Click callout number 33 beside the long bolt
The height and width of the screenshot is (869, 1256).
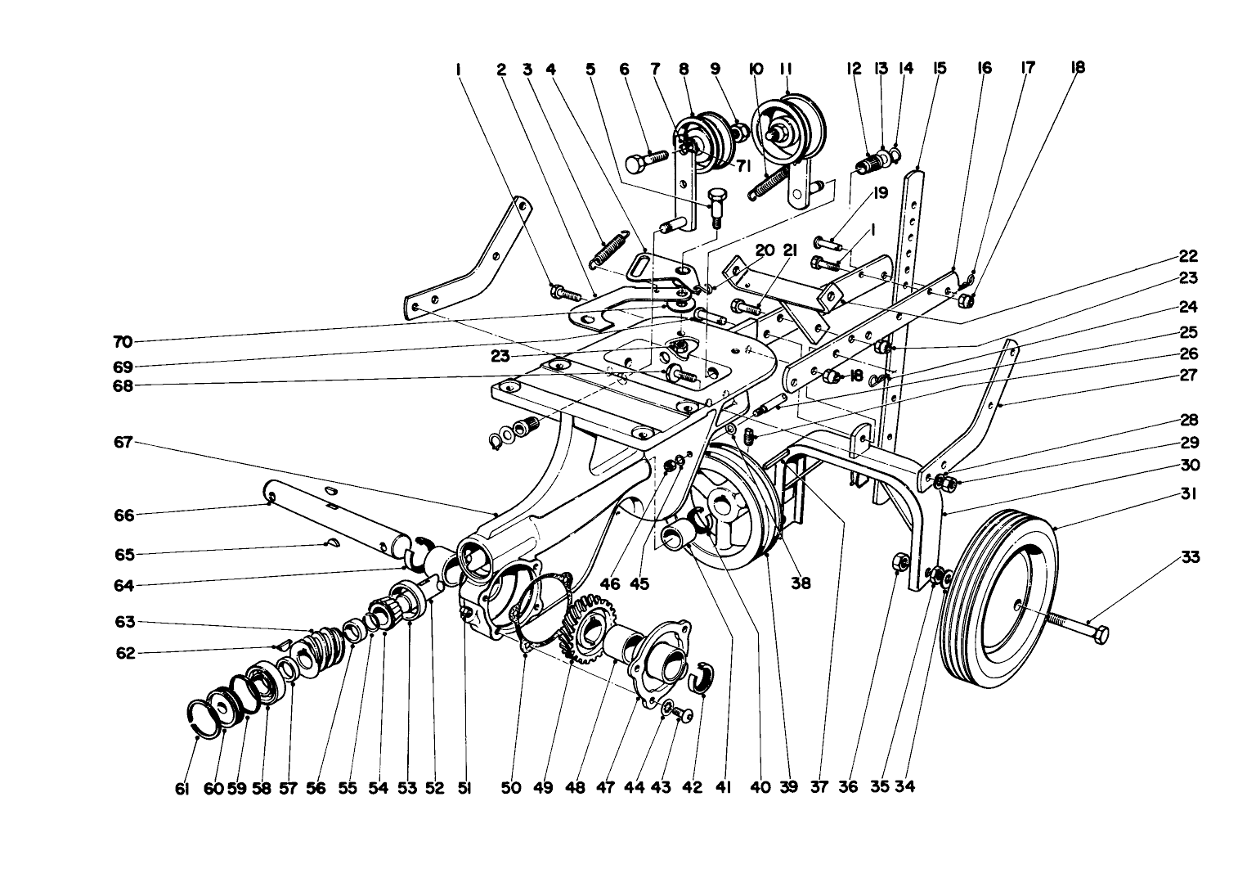point(1191,557)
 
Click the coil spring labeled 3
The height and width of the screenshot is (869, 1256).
point(609,249)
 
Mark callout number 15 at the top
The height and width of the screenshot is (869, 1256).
point(939,68)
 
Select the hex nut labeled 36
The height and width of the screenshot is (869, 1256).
point(897,563)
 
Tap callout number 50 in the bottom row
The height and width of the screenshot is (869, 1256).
point(510,787)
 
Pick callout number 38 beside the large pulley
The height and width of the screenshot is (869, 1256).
point(801,583)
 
